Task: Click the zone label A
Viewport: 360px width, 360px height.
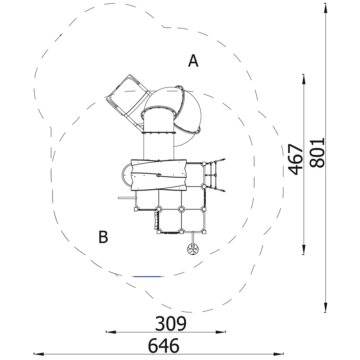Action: click(x=193, y=61)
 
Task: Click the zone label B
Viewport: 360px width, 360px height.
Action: click(x=103, y=237)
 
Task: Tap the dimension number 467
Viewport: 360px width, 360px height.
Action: click(x=296, y=159)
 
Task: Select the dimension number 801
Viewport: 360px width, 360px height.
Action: click(x=317, y=153)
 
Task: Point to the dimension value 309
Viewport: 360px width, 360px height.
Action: click(x=171, y=324)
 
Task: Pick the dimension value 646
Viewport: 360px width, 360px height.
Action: click(x=163, y=345)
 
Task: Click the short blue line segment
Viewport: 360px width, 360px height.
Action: click(x=148, y=276)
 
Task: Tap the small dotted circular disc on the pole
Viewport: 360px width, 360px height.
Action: click(x=193, y=249)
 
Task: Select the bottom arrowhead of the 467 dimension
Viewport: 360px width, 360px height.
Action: click(x=303, y=249)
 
